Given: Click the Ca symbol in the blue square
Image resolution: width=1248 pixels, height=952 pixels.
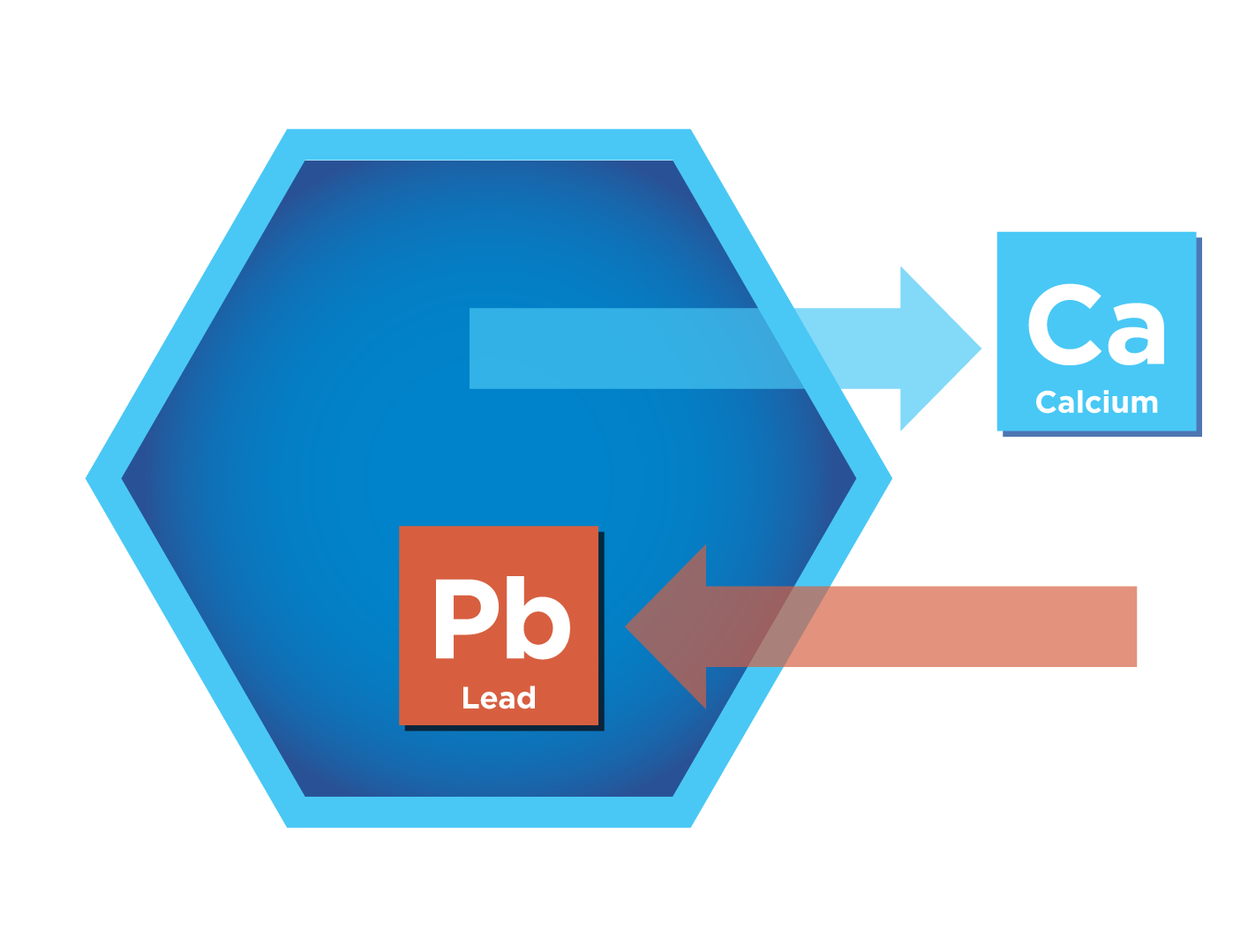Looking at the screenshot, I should click(x=1096, y=326).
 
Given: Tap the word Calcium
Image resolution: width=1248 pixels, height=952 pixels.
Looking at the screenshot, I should click(x=1096, y=402).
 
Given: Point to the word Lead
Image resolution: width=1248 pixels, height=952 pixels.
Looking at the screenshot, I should click(x=499, y=698).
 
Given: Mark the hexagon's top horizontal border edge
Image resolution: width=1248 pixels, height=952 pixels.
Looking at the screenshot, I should click(x=489, y=145).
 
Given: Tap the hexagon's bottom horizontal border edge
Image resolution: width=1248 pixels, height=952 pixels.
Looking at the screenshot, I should click(x=489, y=812).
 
